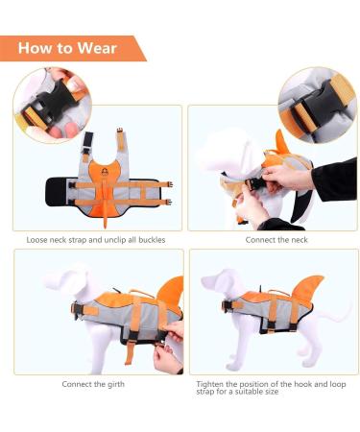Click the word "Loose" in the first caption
[x=40, y=239]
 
